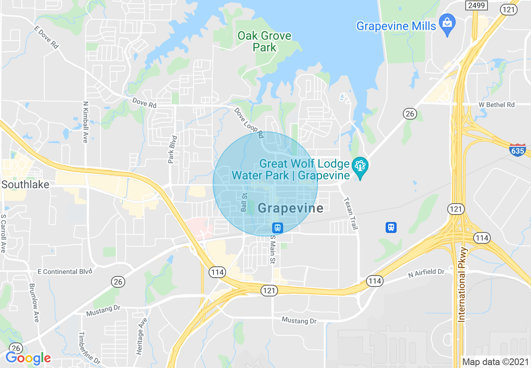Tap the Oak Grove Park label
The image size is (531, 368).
tap(264, 41)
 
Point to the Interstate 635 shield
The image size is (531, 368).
tap(518, 150)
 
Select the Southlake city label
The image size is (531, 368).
tap(25, 184)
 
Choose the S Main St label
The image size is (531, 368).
tap(272, 249)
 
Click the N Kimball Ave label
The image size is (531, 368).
tap(85, 122)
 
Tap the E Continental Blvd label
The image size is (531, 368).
tap(64, 272)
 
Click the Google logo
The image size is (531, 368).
tap(28, 358)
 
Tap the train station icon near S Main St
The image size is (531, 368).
tap(277, 228)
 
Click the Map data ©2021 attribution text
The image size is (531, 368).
tap(495, 361)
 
